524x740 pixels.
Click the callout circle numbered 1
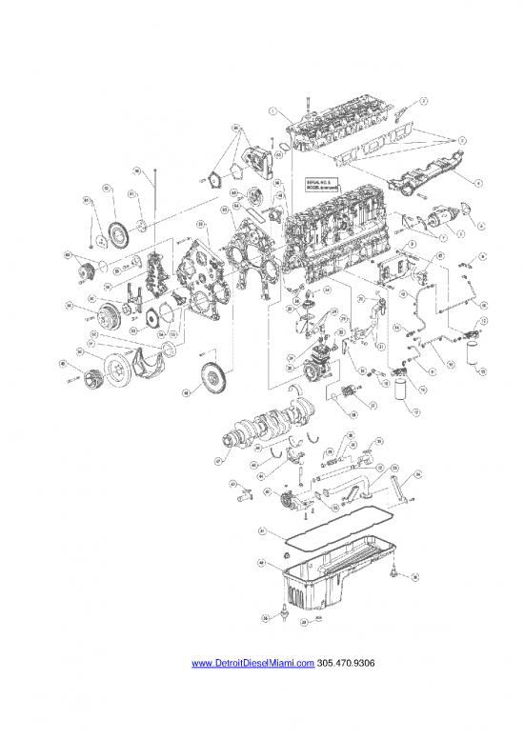(x=272, y=111)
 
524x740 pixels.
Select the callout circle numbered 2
(x=424, y=99)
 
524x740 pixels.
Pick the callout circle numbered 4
(x=478, y=181)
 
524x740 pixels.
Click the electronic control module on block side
(x=393, y=270)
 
